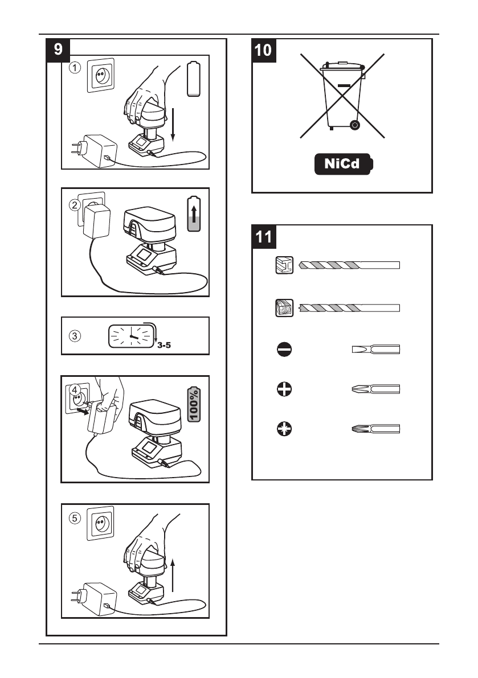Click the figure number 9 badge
coord(58,50)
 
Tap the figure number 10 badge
coord(264,50)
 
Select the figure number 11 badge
coord(264,236)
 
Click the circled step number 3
coord(75,335)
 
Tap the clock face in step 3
coord(131,336)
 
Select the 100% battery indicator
coord(194,405)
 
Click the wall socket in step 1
coord(101,75)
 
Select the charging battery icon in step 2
coord(194,213)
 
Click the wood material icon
coord(284,307)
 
